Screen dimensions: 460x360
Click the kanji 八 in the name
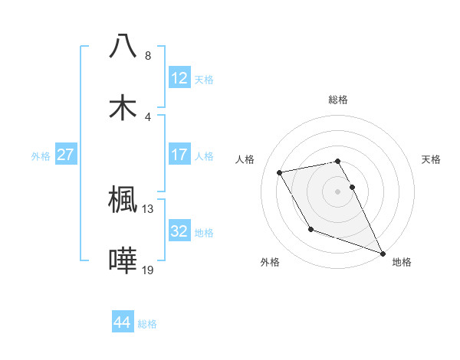(x=123, y=47)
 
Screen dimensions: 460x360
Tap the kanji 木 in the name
(x=123, y=107)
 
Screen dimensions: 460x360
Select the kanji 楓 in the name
(x=123, y=201)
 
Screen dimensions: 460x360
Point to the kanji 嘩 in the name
(x=123, y=261)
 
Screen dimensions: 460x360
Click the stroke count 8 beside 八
(x=148, y=56)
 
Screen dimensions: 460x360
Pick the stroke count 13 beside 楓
(x=148, y=208)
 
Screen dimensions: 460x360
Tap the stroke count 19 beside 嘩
(x=148, y=270)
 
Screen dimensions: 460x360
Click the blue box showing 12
(x=179, y=78)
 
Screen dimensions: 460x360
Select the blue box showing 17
(x=179, y=155)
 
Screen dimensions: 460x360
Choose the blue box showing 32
(x=179, y=231)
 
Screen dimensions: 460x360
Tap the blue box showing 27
(x=66, y=155)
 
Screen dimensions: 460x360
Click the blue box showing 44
(x=123, y=322)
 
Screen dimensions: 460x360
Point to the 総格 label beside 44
(x=147, y=324)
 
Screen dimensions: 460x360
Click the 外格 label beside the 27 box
(x=41, y=156)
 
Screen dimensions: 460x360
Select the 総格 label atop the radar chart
(x=338, y=100)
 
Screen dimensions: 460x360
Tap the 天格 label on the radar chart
(x=432, y=159)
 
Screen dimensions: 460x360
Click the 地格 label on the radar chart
(x=402, y=262)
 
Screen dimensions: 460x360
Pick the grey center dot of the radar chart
(x=338, y=191)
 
